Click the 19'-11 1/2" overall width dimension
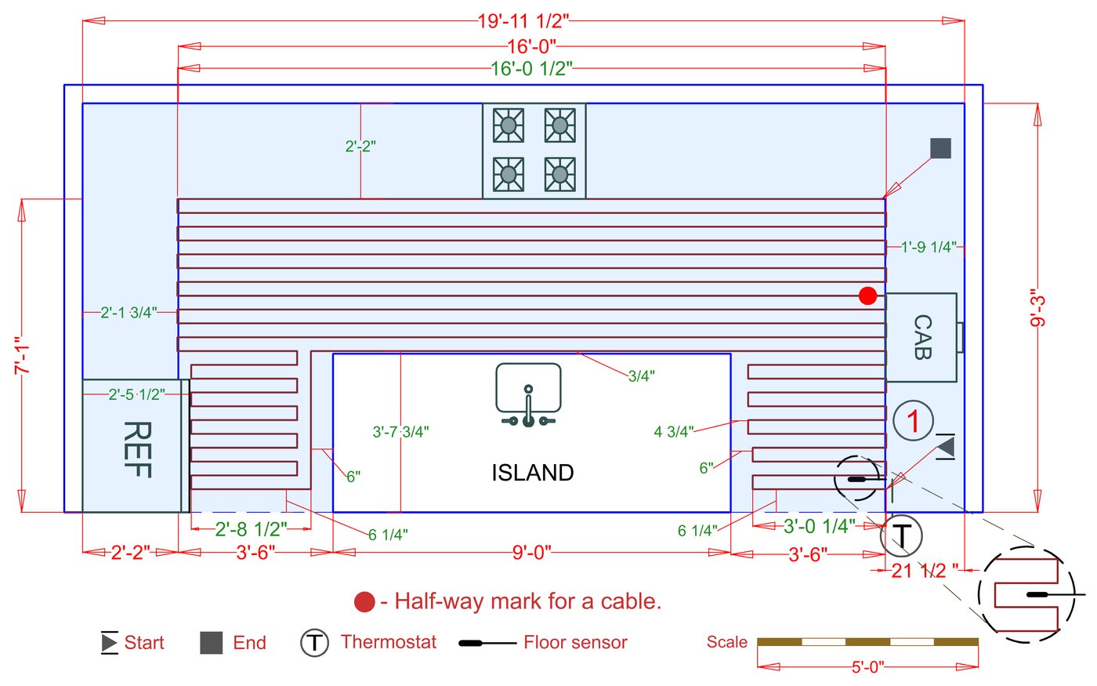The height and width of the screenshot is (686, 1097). [x=523, y=21]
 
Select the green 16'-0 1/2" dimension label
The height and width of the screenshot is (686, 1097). [x=531, y=69]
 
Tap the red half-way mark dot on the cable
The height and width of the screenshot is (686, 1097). [x=867, y=296]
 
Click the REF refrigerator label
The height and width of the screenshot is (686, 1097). [x=138, y=449]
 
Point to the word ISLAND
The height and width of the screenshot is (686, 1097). [x=532, y=473]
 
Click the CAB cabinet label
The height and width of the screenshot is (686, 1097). [x=923, y=337]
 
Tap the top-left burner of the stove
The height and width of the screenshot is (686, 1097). [x=509, y=125]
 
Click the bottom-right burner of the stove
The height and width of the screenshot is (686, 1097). [x=559, y=174]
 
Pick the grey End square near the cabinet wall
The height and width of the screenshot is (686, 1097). [x=940, y=148]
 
